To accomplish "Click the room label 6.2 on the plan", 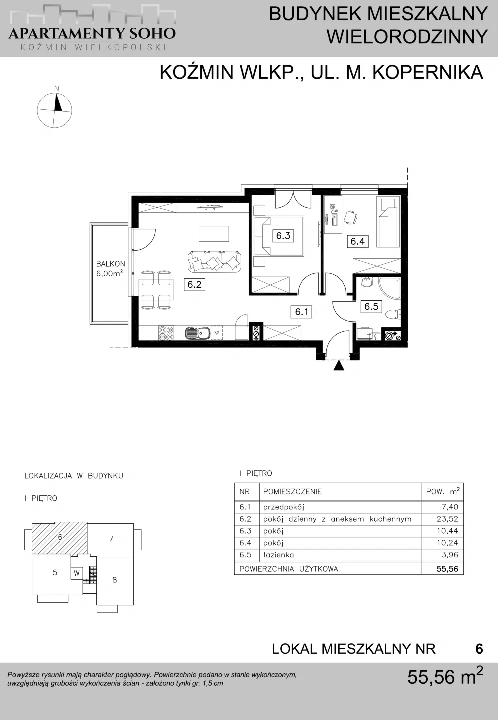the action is pos(194,284).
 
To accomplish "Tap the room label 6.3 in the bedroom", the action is pos(283,236).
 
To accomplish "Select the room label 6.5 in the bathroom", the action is pos(371,306).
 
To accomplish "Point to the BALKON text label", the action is pos(111,264).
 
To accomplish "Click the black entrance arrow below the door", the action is pos(339,366).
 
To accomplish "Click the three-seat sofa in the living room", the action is pos(214,261).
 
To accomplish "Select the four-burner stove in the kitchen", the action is pos(166,333).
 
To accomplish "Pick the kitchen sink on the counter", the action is pos(197,333).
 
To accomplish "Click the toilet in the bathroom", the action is pos(394,314).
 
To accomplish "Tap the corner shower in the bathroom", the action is pos(390,289).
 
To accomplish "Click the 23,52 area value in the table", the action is pos(447,519).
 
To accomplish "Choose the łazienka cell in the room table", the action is pos(278,555).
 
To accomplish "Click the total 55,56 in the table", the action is pos(447,569).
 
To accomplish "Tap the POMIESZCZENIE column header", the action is pos(292,492).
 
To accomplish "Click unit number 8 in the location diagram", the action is pos(115,580).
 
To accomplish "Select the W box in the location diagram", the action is pos(77,573).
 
